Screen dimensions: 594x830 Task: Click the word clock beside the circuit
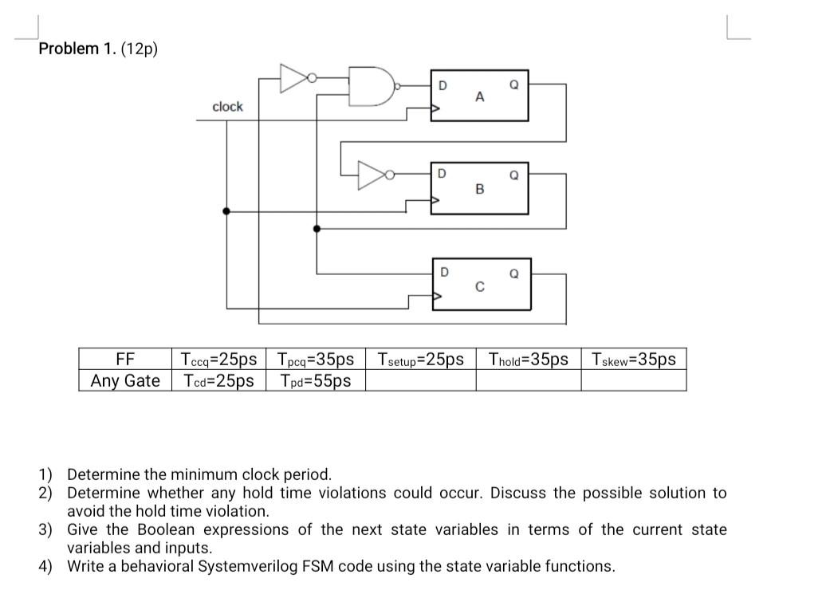[227, 107]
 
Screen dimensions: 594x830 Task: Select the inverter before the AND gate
[296, 77]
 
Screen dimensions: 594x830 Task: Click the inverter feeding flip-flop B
[374, 175]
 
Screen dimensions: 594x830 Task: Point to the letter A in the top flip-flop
[479, 97]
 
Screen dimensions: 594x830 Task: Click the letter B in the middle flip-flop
[479, 190]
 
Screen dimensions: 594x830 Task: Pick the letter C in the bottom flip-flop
[479, 287]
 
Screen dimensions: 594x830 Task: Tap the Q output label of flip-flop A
[514, 84]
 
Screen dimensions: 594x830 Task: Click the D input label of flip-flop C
[444, 272]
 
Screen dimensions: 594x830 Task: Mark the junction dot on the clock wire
[227, 211]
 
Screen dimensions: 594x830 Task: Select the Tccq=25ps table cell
[218, 360]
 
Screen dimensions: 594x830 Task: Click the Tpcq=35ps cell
[315, 360]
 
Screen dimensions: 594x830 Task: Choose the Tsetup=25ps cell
[420, 360]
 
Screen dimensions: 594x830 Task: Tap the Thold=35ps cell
[528, 360]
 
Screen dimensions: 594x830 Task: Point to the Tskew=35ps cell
[633, 360]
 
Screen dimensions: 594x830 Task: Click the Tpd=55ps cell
[315, 381]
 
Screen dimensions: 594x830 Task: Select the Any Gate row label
[125, 381]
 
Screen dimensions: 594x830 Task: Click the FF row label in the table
[125, 360]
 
